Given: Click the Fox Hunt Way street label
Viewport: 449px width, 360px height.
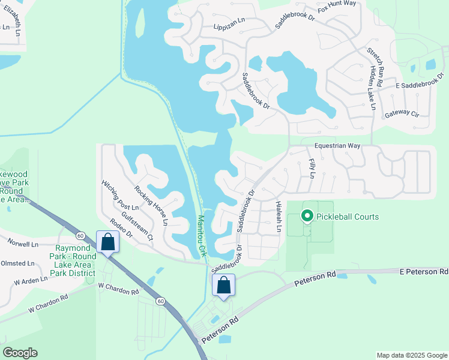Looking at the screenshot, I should coord(337,8).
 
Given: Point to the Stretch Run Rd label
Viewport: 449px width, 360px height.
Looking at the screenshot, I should coord(379,64).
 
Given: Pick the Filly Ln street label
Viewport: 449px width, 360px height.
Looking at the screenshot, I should coord(311,168).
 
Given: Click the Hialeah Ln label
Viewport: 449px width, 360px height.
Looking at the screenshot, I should coord(279,217).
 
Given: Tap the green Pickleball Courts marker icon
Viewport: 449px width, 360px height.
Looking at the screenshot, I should coord(307,215).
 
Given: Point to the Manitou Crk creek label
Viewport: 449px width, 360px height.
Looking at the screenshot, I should coord(202,235).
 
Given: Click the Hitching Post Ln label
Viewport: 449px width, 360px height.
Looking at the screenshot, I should coord(119,195).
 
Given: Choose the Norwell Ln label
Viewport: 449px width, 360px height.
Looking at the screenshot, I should coord(23,244).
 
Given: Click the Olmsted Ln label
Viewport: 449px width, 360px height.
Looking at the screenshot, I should coord(17,263).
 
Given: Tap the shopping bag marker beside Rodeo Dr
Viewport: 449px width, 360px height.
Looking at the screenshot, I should coord(107,242).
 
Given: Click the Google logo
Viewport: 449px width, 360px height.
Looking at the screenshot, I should coord(20,352).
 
